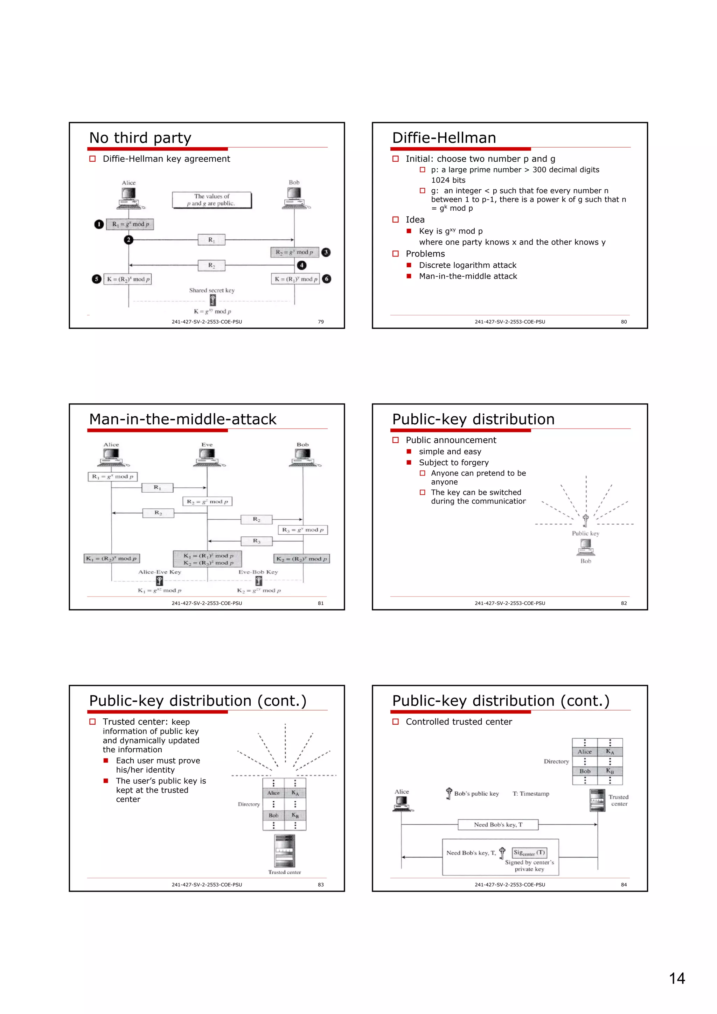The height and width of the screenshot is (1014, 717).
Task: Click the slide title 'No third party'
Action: pyautogui.click(x=140, y=138)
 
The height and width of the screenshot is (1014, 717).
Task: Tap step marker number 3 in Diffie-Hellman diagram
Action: pyautogui.click(x=326, y=252)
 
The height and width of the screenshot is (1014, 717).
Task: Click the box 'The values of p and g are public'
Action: pyautogui.click(x=211, y=200)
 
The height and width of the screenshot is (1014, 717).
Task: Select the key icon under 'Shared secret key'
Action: pyautogui.click(x=213, y=300)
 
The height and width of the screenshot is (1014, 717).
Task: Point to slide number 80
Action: pyautogui.click(x=623, y=322)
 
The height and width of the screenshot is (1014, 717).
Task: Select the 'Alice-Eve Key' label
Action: pyautogui.click(x=160, y=572)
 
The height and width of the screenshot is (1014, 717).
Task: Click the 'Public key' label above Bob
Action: pyautogui.click(x=585, y=534)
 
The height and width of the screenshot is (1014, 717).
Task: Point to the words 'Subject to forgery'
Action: pyautogui.click(x=454, y=463)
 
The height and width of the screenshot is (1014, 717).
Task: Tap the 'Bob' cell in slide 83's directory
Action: pyautogui.click(x=273, y=816)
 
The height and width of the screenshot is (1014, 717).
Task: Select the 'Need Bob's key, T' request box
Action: pyautogui.click(x=498, y=825)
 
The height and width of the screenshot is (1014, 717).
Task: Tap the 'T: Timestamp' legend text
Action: pyautogui.click(x=530, y=794)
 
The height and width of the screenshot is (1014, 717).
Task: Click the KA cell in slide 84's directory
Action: pyautogui.click(x=610, y=752)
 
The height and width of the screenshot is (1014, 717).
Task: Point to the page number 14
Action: pyautogui.click(x=677, y=979)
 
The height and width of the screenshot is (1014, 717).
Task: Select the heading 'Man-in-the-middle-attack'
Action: pyautogui.click(x=182, y=419)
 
